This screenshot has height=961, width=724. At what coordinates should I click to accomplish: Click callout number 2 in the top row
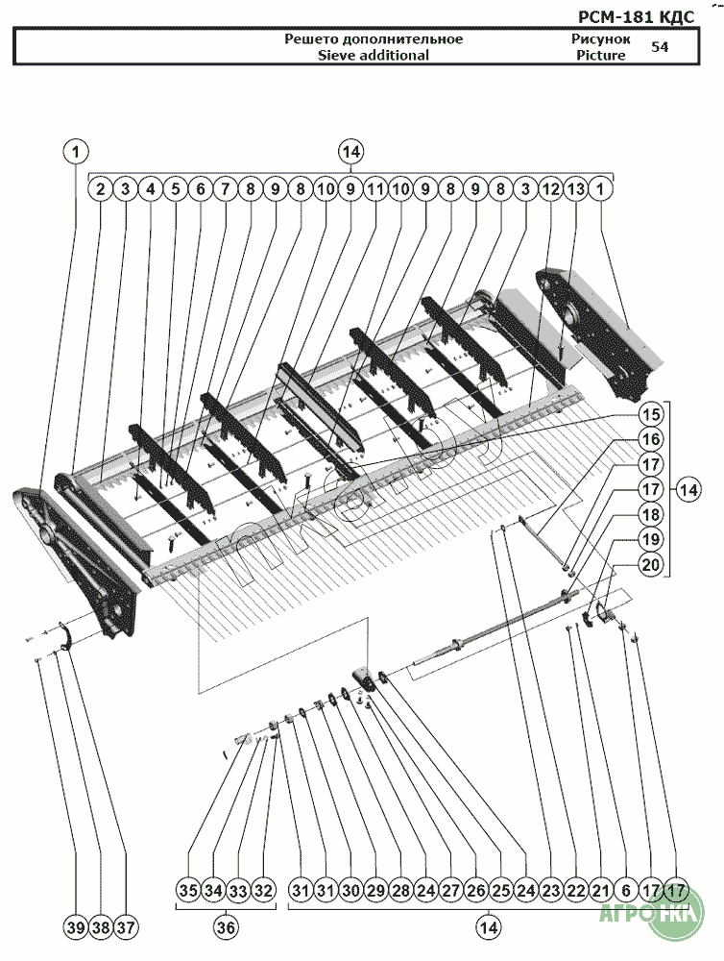101,188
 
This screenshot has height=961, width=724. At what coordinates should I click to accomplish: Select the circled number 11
374,188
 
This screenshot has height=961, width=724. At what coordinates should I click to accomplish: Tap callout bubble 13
575,188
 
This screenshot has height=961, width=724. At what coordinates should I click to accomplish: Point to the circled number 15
651,414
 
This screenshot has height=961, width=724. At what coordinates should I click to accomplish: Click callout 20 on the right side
651,564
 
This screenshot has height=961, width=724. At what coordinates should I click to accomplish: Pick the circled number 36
226,927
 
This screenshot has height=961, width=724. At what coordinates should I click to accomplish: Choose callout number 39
75,927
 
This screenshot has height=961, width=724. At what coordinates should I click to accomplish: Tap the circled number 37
126,927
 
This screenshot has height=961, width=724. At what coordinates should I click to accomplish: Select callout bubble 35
188,890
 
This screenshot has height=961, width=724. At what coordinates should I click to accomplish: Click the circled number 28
400,890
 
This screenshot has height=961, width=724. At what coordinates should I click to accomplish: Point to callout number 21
601,890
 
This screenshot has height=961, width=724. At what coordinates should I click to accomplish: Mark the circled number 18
651,514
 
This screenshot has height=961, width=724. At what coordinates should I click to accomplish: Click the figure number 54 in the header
660,46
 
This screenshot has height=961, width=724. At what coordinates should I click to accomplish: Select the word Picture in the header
601,55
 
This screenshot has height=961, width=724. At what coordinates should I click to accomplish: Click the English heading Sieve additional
373,55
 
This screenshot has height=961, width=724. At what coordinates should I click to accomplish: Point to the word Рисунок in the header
601,39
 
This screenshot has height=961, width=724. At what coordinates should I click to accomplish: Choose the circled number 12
550,188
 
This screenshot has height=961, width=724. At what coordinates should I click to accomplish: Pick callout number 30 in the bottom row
350,890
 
